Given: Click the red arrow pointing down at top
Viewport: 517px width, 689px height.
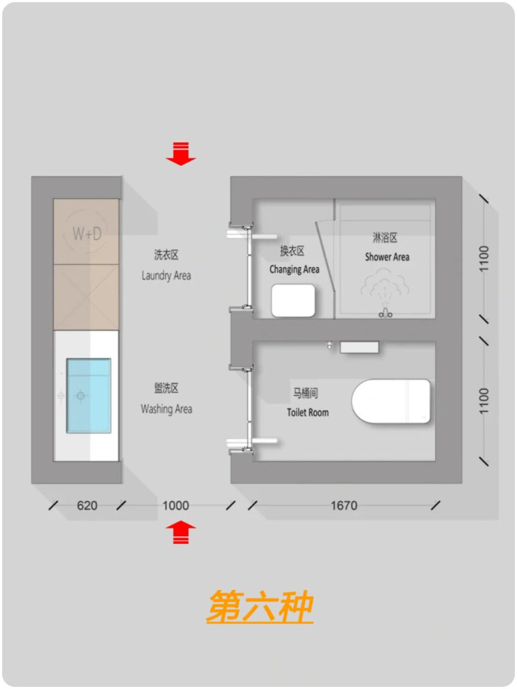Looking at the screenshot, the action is (181, 154).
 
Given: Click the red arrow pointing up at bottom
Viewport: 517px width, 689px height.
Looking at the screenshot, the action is (181, 532).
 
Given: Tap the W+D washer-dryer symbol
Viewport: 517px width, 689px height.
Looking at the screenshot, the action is (87, 232).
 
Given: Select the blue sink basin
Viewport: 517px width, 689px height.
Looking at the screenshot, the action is (88, 395).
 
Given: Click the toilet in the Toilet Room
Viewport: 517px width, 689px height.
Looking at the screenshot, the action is (391, 401).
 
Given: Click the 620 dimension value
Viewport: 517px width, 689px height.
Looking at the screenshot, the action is (87, 505).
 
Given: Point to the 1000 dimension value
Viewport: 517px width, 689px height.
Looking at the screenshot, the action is (175, 505).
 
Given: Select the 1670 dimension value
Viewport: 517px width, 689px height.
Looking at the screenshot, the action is (344, 505).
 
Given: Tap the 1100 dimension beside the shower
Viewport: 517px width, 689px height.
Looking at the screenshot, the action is (483, 259).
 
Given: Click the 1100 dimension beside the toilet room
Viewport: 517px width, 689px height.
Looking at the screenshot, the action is (483, 400).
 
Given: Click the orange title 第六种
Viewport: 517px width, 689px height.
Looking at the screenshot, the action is (260, 607).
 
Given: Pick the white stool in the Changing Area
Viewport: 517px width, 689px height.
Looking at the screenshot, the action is (293, 301).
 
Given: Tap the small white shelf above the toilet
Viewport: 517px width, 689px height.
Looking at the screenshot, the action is (359, 347).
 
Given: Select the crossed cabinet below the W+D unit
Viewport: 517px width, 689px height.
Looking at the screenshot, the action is (86, 297).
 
